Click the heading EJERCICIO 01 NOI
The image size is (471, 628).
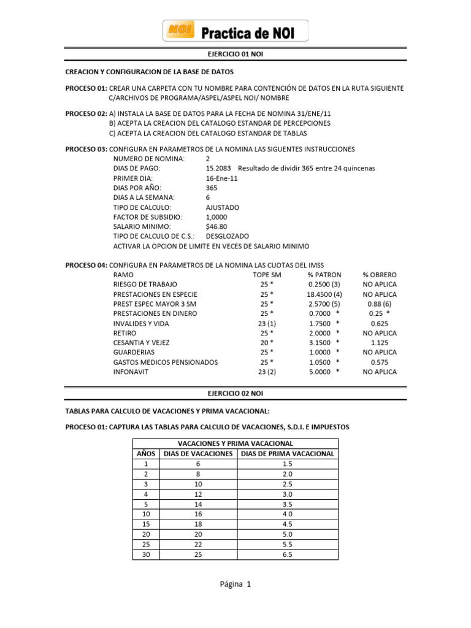point(235,55)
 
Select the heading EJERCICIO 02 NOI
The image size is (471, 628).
point(235,392)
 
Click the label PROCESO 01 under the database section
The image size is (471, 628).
point(86,88)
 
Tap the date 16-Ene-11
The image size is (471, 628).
point(222,178)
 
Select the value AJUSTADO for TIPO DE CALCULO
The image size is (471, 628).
point(223,207)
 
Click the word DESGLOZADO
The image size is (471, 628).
point(228,236)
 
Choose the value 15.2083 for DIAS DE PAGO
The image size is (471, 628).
point(219,168)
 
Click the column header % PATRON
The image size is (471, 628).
point(324,275)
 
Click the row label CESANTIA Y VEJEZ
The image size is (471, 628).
point(142,342)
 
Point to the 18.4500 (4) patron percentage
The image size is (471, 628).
point(324,294)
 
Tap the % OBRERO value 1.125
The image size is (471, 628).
point(380,342)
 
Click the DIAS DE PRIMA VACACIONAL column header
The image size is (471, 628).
point(288,454)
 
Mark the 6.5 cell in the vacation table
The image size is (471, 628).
point(288,554)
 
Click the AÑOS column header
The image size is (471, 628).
point(145,454)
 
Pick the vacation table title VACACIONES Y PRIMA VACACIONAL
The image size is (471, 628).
point(235,443)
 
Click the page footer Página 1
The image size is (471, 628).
point(235,585)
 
